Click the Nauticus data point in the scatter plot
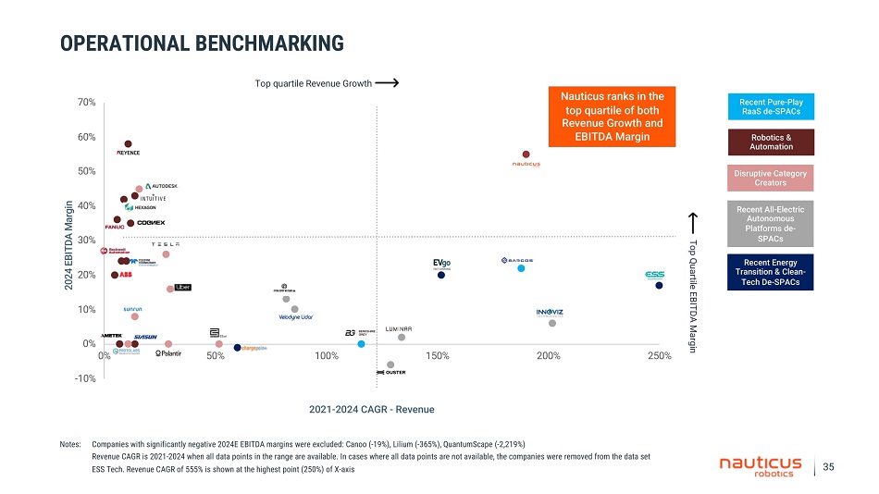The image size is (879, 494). point(526,154)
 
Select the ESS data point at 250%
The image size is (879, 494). point(659,286)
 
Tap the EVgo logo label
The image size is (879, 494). point(441,264)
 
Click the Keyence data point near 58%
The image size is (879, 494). point(128,143)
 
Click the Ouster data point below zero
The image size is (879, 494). point(390,364)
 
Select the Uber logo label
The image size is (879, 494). point(182,288)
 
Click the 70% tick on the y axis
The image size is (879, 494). point(87,103)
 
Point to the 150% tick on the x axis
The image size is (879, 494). point(437,356)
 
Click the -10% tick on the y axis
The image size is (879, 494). point(85,378)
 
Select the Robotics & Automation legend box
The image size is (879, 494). point(771,142)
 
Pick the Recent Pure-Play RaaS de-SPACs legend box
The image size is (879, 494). point(771,106)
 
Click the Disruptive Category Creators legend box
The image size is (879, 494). point(771,178)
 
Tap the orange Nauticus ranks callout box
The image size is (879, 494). point(612,117)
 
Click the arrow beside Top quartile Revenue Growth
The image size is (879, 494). point(389,83)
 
